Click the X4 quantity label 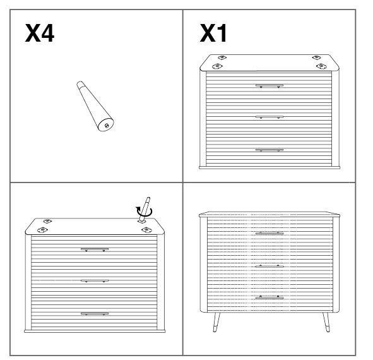pos(40,33)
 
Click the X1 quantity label pos(213,33)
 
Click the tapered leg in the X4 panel pos(95,106)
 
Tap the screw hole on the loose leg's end pos(107,126)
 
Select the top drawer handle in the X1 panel pos(269,86)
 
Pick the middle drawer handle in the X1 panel pos(269,117)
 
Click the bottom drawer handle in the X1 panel pos(269,150)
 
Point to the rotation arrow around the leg pos(144,212)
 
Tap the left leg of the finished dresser pos(216,322)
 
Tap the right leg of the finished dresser pos(326,322)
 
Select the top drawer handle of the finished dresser pos(269,233)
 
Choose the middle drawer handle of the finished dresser pos(269,266)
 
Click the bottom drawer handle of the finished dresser pos(269,297)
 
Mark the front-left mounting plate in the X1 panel pos(216,66)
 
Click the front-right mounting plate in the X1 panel pos(321,66)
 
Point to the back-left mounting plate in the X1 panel pos(222,57)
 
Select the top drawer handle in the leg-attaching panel pos(95,249)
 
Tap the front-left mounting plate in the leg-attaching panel pos(42,230)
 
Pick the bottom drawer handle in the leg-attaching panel pos(95,314)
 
